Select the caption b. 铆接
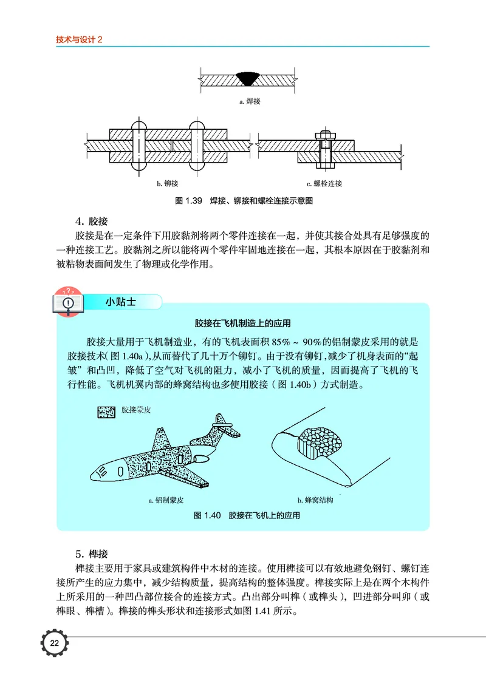tap(168, 183)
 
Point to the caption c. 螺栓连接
tap(324, 183)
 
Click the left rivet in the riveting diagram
tap(139, 147)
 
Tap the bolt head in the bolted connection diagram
tap(321, 134)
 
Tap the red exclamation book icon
tap(69, 300)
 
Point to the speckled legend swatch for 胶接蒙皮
tap(106, 411)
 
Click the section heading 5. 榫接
tap(91, 554)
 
